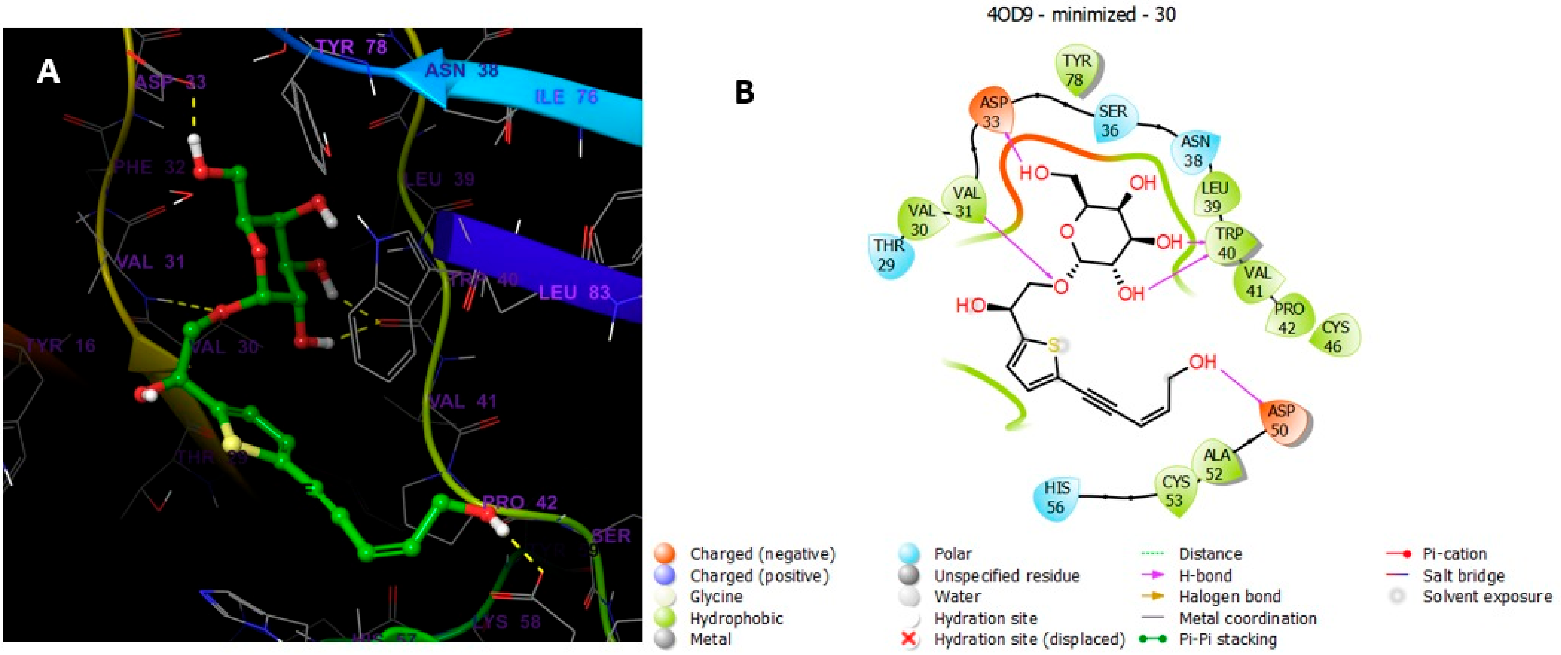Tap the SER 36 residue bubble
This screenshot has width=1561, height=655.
pos(1114,120)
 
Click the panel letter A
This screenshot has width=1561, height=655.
pos(48,73)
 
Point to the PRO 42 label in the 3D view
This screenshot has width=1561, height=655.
pos(519,502)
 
